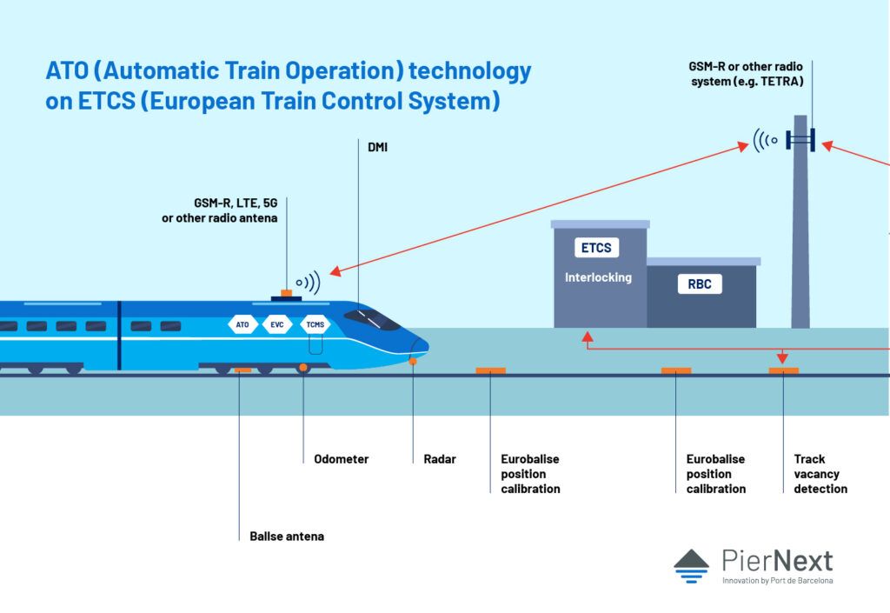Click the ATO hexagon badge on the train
[242, 324]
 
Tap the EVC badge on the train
[277, 324]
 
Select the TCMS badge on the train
[314, 324]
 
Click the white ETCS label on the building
[596, 248]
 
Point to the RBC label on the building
[700, 283]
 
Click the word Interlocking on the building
[598, 277]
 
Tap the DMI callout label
[377, 148]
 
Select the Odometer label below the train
[341, 459]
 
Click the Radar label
[440, 459]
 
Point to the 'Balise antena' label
[286, 536]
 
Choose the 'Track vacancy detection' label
[820, 474]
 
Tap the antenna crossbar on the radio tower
[800, 139]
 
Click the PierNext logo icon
[691, 565]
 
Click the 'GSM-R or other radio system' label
[746, 73]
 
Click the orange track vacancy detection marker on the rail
[783, 371]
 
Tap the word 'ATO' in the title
[67, 71]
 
